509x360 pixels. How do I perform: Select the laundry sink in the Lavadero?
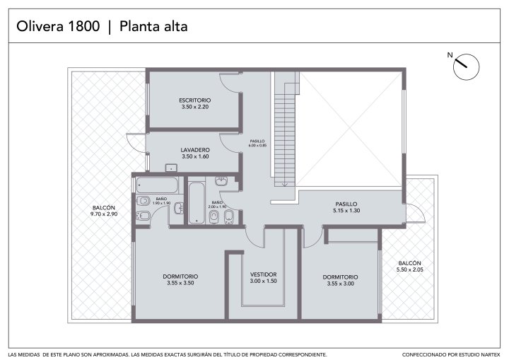pyautogui.click(x=171, y=168)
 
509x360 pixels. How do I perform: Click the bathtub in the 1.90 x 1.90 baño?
pyautogui.click(x=157, y=185)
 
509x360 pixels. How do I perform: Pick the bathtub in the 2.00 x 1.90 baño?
pyautogui.click(x=197, y=203)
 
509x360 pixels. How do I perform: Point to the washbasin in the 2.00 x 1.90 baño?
pyautogui.click(x=221, y=180)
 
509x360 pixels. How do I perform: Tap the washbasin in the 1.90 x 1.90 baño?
pyautogui.click(x=179, y=208)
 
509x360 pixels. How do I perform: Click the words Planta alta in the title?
pyautogui.click(x=153, y=26)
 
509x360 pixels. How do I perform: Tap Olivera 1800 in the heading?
pyautogui.click(x=58, y=26)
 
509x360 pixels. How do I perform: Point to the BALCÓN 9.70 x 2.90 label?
pyautogui.click(x=104, y=211)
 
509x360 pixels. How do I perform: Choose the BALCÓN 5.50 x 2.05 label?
pyautogui.click(x=409, y=267)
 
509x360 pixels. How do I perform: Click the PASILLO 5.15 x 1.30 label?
pyautogui.click(x=346, y=207)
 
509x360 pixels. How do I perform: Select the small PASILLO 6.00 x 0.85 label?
pyautogui.click(x=257, y=144)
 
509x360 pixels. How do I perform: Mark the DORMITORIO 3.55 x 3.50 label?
pyautogui.click(x=180, y=280)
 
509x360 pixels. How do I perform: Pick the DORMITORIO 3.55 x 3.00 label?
pyautogui.click(x=340, y=280)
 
